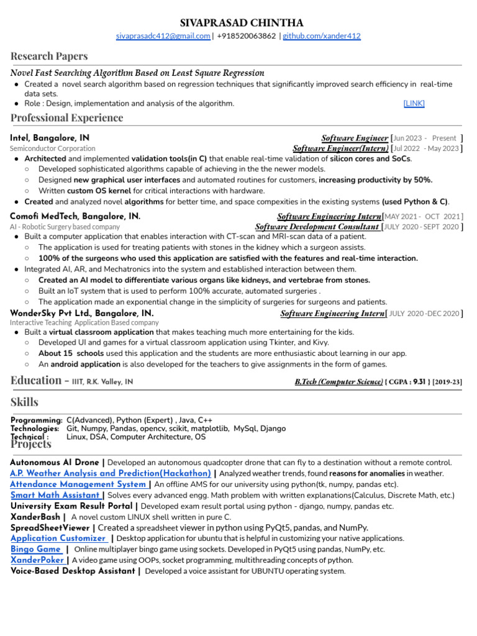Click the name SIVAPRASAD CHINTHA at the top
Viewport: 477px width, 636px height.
tap(238, 22)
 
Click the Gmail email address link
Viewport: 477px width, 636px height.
tap(163, 36)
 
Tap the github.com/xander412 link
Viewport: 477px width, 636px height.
tap(322, 36)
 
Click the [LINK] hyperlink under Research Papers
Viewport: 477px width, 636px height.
tap(414, 104)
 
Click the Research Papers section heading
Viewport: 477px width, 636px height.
tap(49, 56)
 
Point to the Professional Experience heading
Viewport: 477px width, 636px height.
tap(66, 118)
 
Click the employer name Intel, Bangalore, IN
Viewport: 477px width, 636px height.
tap(50, 138)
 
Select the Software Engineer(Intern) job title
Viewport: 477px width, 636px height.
tap(340, 148)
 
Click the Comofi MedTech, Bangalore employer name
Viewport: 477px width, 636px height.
tap(75, 216)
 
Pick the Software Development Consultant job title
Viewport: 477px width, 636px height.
tap(317, 227)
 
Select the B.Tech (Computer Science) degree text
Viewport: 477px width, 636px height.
tap(338, 382)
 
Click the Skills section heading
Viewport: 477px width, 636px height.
tap(24, 402)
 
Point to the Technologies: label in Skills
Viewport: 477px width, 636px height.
tap(35, 429)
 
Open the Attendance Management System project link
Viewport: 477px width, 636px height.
tap(79, 484)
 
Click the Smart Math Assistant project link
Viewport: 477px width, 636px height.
tap(56, 495)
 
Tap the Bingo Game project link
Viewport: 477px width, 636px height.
tap(36, 549)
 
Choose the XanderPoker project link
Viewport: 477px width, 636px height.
tap(37, 560)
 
